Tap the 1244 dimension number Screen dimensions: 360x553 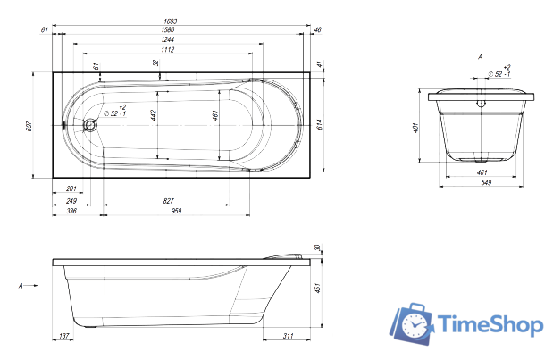tap(169, 40)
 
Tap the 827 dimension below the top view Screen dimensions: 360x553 tap(169, 201)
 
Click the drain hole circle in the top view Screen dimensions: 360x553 tap(89, 125)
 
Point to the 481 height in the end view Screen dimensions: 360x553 tap(416, 127)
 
